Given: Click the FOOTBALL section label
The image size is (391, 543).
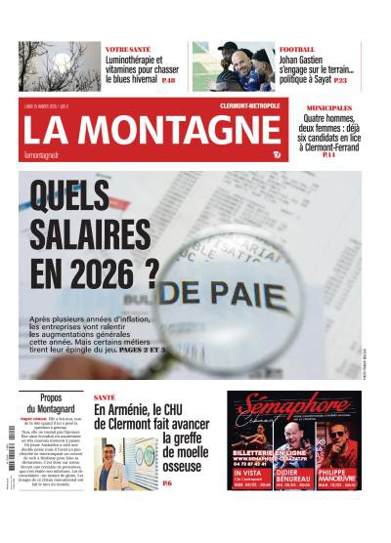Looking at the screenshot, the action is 297,49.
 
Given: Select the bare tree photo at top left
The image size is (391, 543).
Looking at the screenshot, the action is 58,66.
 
